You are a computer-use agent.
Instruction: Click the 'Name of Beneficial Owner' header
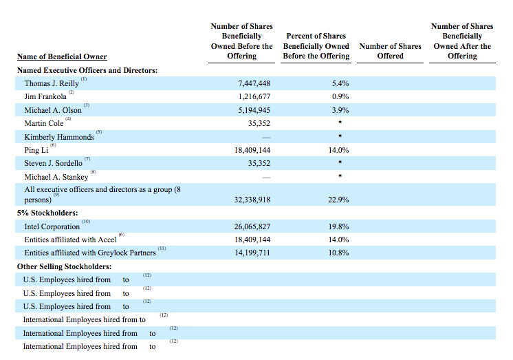click(62, 56)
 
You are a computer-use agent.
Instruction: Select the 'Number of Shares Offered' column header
click(390, 51)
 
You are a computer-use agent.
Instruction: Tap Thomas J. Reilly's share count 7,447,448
click(254, 83)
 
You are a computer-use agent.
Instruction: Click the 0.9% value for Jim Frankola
click(340, 96)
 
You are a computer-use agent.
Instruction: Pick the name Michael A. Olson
click(53, 110)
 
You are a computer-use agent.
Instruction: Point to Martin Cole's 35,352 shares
click(259, 123)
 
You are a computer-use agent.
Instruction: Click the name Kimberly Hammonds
click(59, 137)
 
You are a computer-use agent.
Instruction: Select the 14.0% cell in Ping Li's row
click(338, 150)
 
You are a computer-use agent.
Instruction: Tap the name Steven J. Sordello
click(54, 163)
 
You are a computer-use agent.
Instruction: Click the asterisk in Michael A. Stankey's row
click(340, 176)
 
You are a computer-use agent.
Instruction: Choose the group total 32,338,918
click(252, 200)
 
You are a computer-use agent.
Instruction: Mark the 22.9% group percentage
click(338, 200)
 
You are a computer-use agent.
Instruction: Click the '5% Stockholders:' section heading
click(47, 213)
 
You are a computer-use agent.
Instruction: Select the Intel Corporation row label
click(52, 226)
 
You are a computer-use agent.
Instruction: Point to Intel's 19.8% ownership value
click(338, 226)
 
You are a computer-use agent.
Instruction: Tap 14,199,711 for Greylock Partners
click(252, 253)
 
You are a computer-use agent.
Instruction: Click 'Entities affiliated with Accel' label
click(70, 240)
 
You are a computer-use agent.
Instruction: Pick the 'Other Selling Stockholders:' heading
click(64, 266)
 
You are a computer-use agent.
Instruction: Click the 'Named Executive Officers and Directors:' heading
click(87, 70)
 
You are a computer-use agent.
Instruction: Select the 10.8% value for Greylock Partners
click(338, 253)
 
